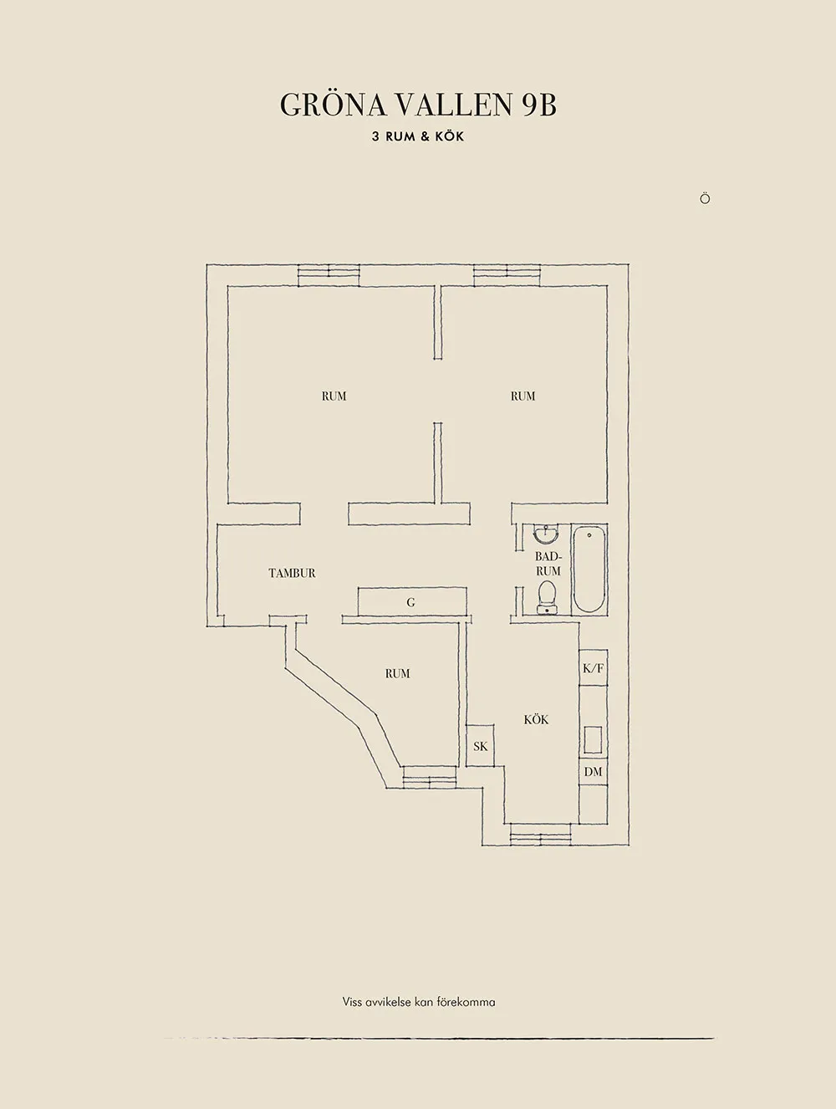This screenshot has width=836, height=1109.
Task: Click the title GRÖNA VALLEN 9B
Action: click(418, 105)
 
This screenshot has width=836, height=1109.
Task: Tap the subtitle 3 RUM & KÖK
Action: click(418, 136)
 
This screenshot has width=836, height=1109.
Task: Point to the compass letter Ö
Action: click(705, 198)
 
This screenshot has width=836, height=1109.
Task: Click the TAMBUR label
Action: click(292, 574)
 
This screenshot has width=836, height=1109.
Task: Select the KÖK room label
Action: click(536, 719)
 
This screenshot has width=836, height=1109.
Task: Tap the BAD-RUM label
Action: click(548, 564)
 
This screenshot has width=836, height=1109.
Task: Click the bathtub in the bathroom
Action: click(589, 570)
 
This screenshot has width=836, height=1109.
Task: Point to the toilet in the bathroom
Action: click(547, 596)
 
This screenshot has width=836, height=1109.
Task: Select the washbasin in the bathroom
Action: click(546, 533)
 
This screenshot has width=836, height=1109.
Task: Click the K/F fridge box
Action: click(594, 667)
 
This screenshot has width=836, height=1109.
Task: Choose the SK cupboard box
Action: click(480, 746)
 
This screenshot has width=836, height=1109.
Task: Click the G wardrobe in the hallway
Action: click(412, 601)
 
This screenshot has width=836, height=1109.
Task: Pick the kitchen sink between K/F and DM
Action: click(593, 739)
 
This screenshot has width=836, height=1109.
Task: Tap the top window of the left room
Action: click(329, 275)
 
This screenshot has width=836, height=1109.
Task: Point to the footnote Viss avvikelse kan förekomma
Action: click(419, 989)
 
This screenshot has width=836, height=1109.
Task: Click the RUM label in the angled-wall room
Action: click(398, 673)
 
